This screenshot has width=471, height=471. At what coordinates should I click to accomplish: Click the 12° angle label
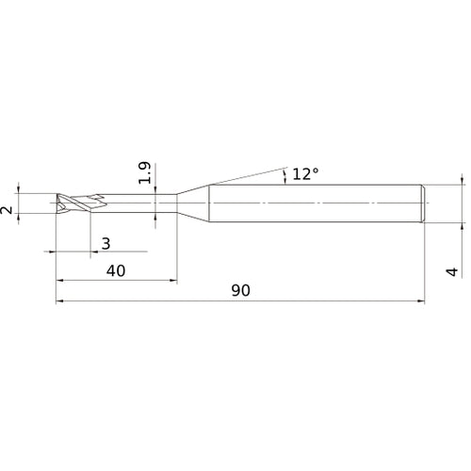(x=305, y=174)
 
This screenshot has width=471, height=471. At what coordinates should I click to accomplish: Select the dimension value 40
(x=116, y=270)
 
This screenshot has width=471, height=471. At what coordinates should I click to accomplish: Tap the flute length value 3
(x=106, y=243)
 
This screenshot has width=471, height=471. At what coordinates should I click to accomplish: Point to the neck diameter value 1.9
(x=144, y=174)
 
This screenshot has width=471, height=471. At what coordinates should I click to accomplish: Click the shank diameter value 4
(x=452, y=272)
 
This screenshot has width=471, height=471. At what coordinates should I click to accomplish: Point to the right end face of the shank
(x=425, y=203)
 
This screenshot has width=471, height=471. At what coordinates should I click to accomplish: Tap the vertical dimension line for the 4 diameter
(x=463, y=203)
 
